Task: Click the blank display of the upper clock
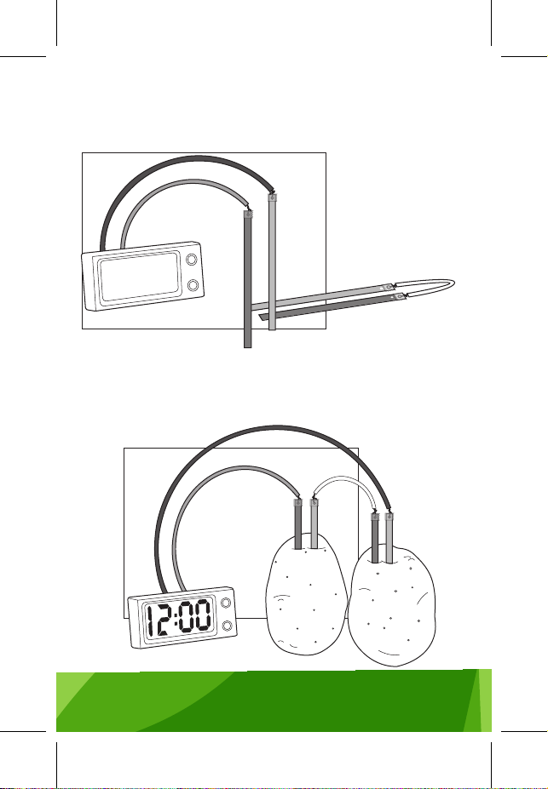point(139,275)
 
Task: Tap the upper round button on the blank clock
point(192,260)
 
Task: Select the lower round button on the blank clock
point(193,285)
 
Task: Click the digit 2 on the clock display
point(164,620)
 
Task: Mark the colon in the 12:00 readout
point(176,618)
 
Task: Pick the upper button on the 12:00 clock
point(226,603)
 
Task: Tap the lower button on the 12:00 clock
point(228,626)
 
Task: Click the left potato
point(306,595)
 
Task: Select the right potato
point(392,605)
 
